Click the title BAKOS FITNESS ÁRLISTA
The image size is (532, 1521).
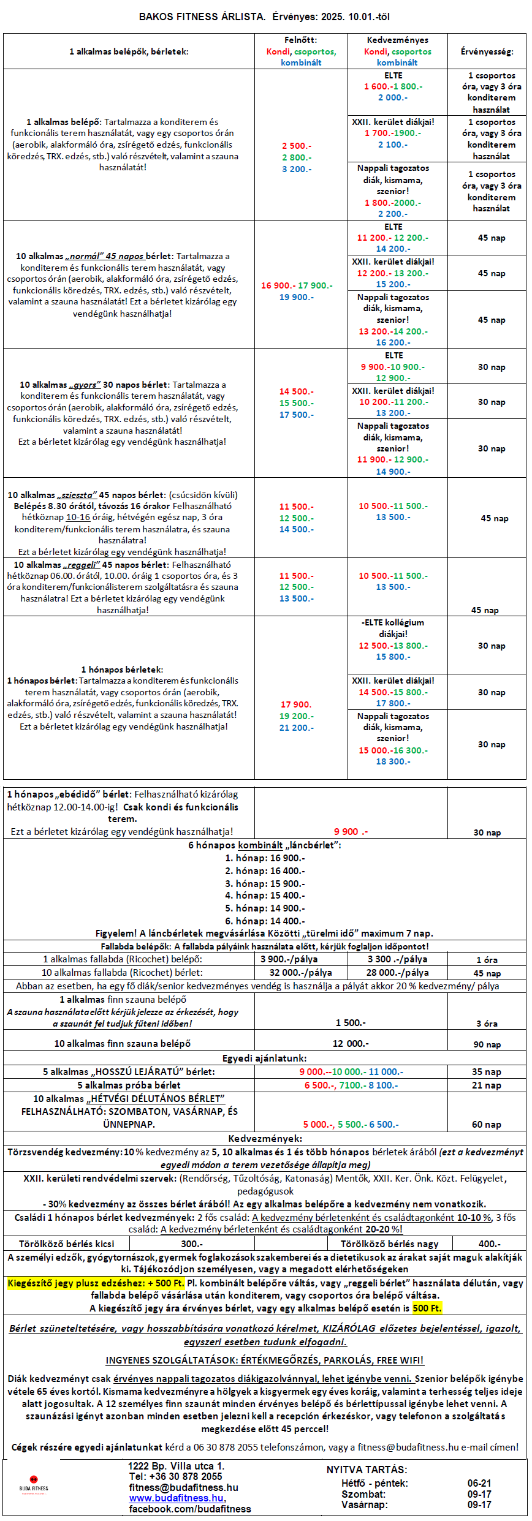click(202, 17)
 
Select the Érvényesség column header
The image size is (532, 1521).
click(487, 51)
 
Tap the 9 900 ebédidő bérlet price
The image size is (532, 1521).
click(351, 831)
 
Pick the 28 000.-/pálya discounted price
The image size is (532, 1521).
click(397, 972)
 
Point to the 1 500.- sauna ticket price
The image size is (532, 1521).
click(351, 1022)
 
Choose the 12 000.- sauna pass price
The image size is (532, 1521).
click(351, 1043)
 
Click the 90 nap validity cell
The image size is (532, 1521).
click(487, 1044)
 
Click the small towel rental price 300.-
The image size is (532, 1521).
click(192, 1244)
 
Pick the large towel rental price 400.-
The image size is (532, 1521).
click(489, 1244)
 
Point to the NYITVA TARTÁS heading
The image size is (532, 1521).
click(367, 1470)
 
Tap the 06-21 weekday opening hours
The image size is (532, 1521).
click(479, 1483)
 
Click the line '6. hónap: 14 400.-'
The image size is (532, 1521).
click(265, 921)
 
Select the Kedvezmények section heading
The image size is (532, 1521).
click(265, 1138)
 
